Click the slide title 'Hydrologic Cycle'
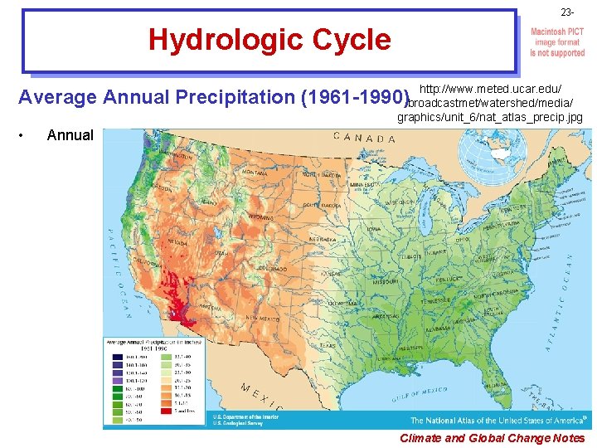pos(269,40)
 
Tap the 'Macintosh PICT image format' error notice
pos(557,41)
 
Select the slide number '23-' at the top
pos(566,12)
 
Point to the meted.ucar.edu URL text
pos(492,103)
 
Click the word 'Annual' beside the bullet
pos(70,135)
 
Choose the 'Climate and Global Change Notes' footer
pos(492,438)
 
